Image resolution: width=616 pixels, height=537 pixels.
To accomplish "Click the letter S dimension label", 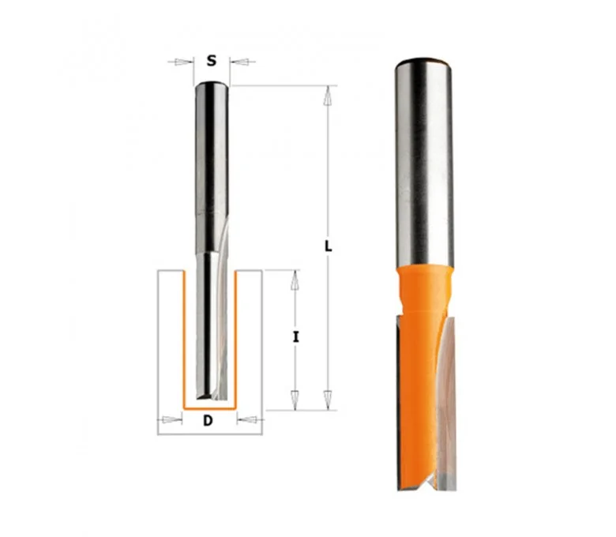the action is [x=212, y=61].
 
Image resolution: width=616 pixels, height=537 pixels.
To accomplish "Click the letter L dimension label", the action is [x=328, y=246].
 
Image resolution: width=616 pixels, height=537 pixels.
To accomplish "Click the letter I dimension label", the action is [x=296, y=336].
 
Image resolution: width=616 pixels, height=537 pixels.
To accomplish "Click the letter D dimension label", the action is [x=208, y=421].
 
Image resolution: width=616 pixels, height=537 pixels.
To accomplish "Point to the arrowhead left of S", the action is [x=181, y=62].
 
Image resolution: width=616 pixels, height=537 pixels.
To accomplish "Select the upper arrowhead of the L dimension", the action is [x=326, y=96].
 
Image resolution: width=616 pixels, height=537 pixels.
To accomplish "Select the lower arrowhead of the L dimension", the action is [x=326, y=399].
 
